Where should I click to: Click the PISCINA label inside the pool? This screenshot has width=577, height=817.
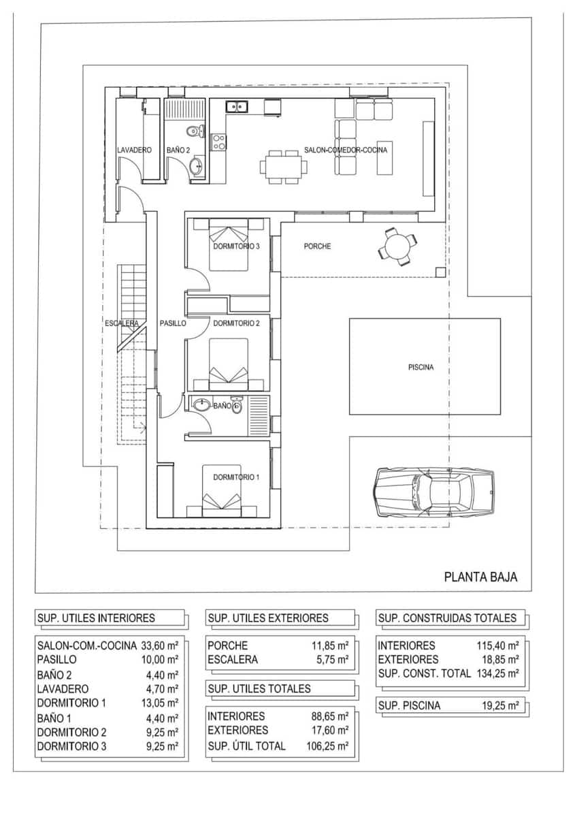coord(421,368)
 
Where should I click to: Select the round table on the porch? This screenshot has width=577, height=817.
coord(397,246)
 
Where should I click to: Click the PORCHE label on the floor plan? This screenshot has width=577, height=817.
coord(317,246)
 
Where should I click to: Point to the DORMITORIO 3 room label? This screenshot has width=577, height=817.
coord(236,246)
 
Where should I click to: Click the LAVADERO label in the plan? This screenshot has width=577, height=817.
coord(133,150)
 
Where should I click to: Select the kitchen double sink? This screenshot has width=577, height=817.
coord(237,106)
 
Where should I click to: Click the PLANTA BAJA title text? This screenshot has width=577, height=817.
coord(480,577)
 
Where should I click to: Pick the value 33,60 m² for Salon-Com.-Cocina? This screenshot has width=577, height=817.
coord(159,645)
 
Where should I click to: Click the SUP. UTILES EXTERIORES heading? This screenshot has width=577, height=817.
coord(268,618)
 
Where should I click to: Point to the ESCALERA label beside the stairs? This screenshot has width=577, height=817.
coord(122,323)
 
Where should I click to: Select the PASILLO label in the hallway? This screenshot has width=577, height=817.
coord(173,324)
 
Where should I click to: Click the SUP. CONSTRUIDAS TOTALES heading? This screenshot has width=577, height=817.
coord(447,618)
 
